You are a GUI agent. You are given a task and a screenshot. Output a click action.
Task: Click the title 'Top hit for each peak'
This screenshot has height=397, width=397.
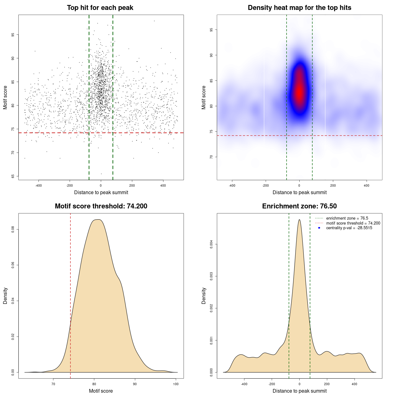click(x=100, y=8)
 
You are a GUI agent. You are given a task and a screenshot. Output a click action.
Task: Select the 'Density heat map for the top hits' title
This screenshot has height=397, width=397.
click(x=299, y=8)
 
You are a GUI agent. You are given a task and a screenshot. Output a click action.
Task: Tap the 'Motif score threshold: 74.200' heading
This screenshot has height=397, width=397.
click(x=101, y=206)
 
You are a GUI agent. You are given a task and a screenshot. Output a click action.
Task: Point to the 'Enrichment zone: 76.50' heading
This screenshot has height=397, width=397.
click(x=299, y=206)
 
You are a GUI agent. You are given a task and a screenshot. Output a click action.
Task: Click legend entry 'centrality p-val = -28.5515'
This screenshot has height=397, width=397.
click(x=349, y=228)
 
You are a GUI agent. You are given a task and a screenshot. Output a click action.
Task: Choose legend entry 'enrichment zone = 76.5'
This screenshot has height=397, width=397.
click(x=347, y=218)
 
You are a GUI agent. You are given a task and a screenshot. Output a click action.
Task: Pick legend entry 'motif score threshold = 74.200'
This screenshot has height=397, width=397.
click(x=353, y=223)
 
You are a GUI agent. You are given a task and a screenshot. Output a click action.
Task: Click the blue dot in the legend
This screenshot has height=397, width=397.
click(x=319, y=228)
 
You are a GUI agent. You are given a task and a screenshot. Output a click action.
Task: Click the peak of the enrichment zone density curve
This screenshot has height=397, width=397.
click(x=299, y=220)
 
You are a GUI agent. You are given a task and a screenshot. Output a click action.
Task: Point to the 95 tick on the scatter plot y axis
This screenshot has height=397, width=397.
click(x=13, y=35)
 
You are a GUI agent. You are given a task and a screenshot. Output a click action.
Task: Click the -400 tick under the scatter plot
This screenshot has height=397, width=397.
click(x=38, y=185)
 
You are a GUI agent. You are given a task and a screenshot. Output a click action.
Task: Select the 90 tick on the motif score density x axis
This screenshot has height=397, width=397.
click(x=135, y=384)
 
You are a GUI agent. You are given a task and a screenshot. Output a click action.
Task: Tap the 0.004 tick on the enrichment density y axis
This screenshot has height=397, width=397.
click(x=211, y=244)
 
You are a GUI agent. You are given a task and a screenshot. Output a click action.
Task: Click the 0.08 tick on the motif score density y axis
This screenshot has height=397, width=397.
click(x=13, y=229)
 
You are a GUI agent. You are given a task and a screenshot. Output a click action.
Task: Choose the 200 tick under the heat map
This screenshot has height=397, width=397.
click(x=333, y=185)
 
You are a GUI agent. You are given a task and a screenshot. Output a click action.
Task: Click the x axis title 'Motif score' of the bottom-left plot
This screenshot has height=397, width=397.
click(x=101, y=391)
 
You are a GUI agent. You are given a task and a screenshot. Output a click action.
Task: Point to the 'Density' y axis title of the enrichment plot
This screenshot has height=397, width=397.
click(x=204, y=296)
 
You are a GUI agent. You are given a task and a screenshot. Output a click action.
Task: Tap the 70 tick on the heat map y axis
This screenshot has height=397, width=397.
click(x=211, y=157)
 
